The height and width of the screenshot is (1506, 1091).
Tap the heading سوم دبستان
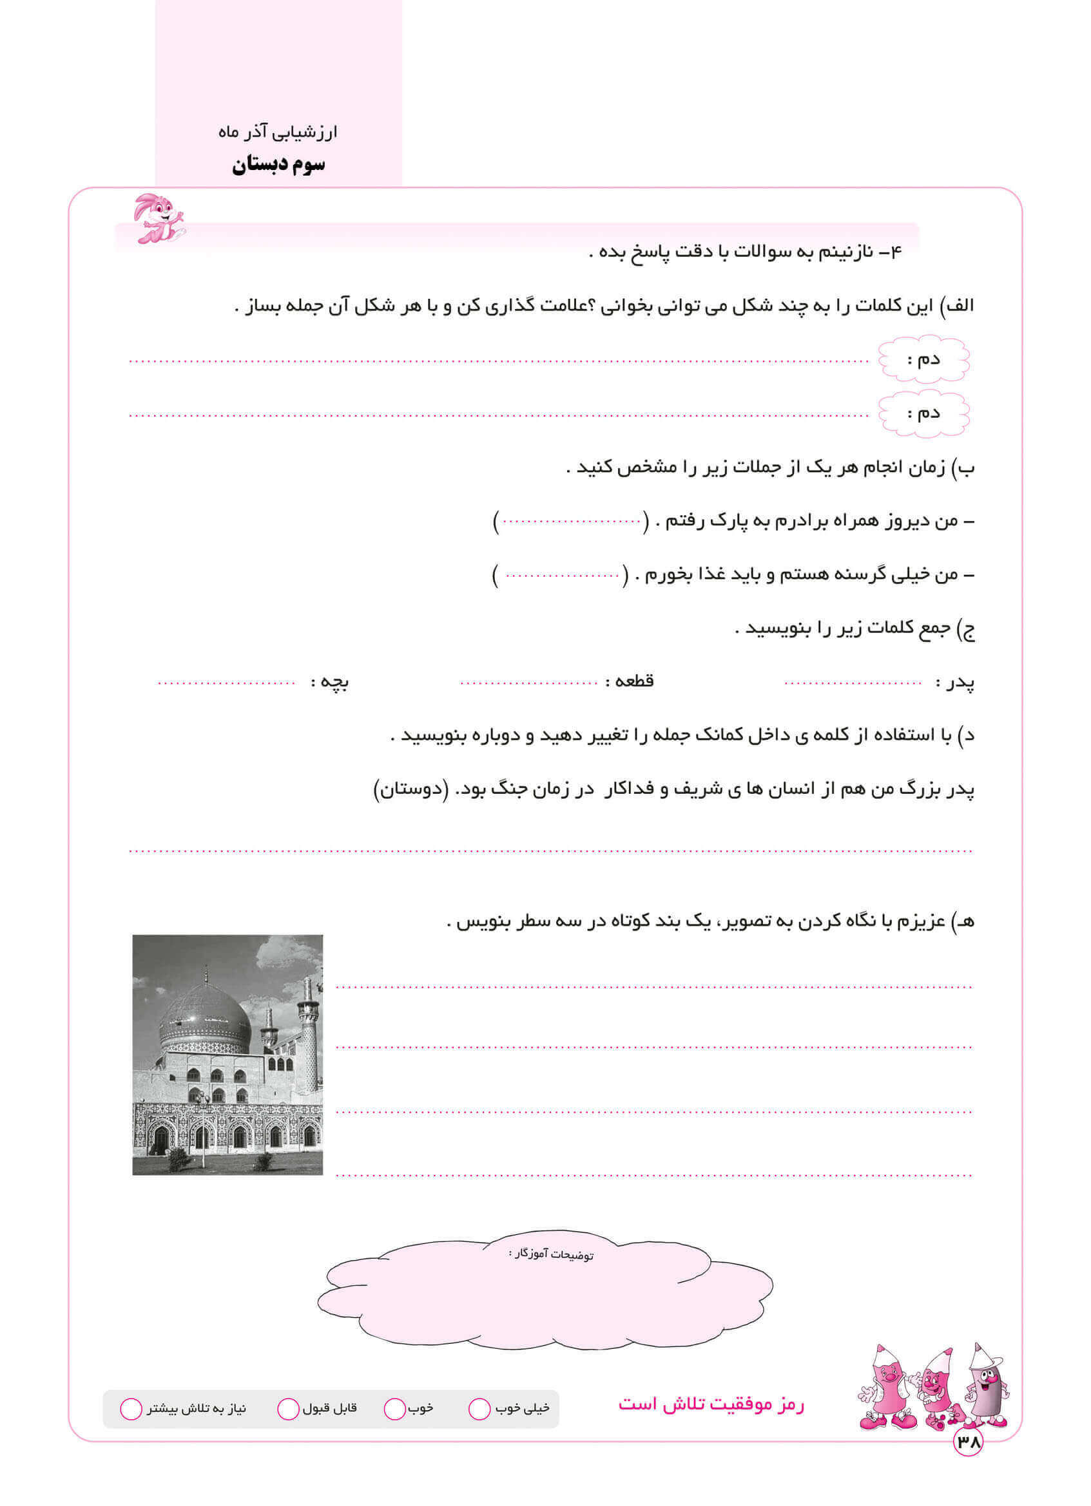(278, 165)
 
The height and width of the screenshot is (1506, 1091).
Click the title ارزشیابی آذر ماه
(278, 132)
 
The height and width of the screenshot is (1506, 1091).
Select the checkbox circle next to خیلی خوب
(479, 1409)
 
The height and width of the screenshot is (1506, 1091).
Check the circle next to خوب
(394, 1409)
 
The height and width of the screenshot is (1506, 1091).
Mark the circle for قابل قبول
(287, 1409)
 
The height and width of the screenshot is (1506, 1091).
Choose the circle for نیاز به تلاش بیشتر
(131, 1409)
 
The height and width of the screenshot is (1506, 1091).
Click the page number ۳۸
(967, 1442)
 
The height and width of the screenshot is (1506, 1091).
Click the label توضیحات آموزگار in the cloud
(551, 1254)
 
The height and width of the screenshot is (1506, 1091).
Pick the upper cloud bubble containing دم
(923, 360)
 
